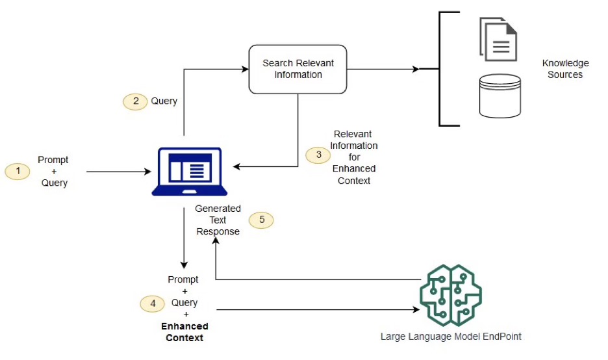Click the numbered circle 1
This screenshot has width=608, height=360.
tap(18, 172)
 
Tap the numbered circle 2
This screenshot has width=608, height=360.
tap(135, 101)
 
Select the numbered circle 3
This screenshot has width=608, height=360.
tap(318, 155)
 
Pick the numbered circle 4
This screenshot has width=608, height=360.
tap(153, 303)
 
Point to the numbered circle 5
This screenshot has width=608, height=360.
tap(262, 220)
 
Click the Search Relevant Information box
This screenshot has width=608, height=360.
tap(298, 69)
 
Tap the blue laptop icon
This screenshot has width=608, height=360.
tap(190, 172)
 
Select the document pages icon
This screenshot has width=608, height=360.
tap(498, 39)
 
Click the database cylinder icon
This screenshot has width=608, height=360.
tap(500, 96)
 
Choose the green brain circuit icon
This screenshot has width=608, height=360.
tap(450, 296)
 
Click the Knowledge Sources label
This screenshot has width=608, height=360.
tap(565, 69)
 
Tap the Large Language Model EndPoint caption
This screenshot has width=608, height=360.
tap(451, 337)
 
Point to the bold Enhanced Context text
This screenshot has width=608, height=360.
tap(184, 332)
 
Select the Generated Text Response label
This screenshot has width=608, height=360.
tap(218, 220)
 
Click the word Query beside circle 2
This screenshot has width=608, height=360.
tap(164, 101)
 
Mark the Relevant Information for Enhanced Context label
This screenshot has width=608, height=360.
tap(354, 157)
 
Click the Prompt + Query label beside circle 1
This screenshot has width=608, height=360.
tap(53, 172)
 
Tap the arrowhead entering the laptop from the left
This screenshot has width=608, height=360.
tap(147, 172)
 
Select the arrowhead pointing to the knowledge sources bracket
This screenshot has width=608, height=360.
tap(415, 69)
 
